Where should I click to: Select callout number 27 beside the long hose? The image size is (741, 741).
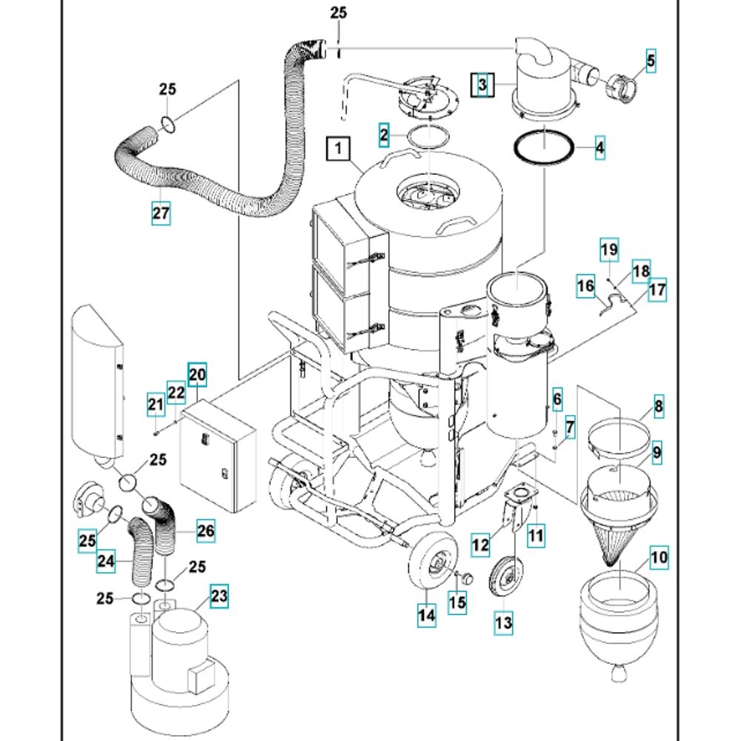pyautogui.click(x=161, y=213)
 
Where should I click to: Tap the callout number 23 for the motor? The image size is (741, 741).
pyautogui.click(x=219, y=596)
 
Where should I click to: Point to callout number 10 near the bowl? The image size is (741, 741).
pyautogui.click(x=659, y=556)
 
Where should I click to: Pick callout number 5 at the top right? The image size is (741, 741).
pyautogui.click(x=651, y=62)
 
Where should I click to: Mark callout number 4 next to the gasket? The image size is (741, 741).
pyautogui.click(x=599, y=147)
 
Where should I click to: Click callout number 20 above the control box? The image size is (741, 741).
pyautogui.click(x=196, y=375)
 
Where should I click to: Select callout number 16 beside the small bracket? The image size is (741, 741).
pyautogui.click(x=585, y=285)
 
